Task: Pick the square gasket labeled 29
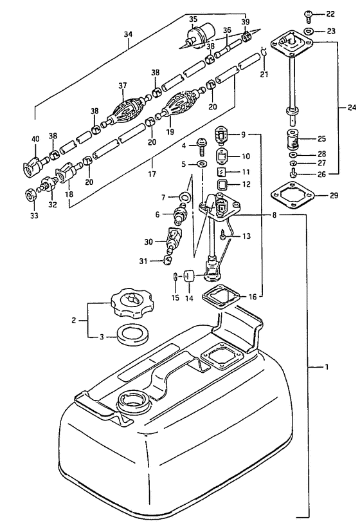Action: click(x=292, y=195)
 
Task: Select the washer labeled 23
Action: click(x=309, y=31)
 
